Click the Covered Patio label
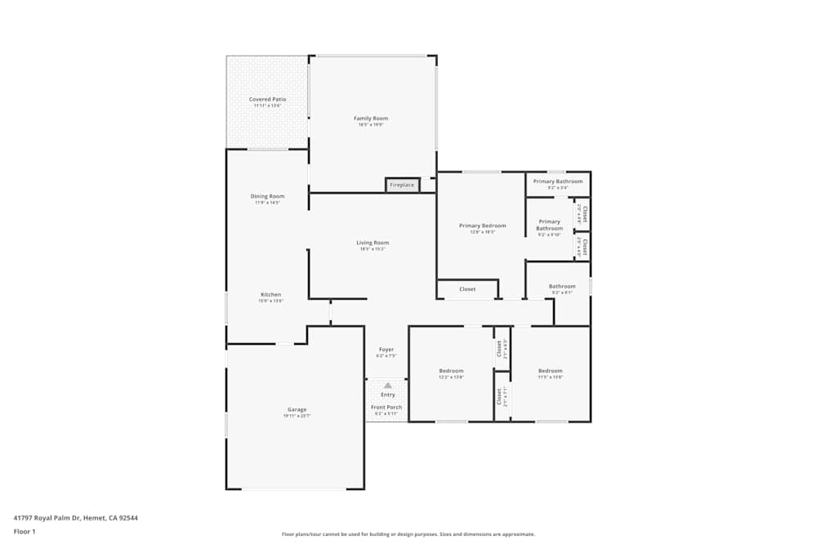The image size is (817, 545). tap(267, 100)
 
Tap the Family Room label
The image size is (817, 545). tap(370, 118)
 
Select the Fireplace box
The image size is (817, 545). tap(402, 185)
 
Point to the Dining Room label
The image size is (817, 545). tap(267, 196)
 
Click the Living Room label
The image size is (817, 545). tap(373, 243)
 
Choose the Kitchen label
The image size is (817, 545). tap(271, 295)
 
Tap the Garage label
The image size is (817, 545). tap(297, 410)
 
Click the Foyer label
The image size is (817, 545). tap(386, 350)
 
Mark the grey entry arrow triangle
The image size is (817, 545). tap(387, 384)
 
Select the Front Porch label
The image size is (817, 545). tap(386, 407)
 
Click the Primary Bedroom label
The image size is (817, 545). tap(482, 226)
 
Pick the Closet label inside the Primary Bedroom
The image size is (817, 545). tap(467, 289)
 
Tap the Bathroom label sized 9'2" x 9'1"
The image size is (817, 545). tap(562, 287)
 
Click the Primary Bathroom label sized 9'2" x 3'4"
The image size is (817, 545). tap(558, 181)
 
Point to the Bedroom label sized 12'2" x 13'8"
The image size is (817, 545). tap(451, 371)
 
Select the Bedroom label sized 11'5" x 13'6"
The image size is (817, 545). tap(550, 371)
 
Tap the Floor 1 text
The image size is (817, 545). tap(25, 531)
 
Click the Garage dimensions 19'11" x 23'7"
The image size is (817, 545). tap(297, 417)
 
